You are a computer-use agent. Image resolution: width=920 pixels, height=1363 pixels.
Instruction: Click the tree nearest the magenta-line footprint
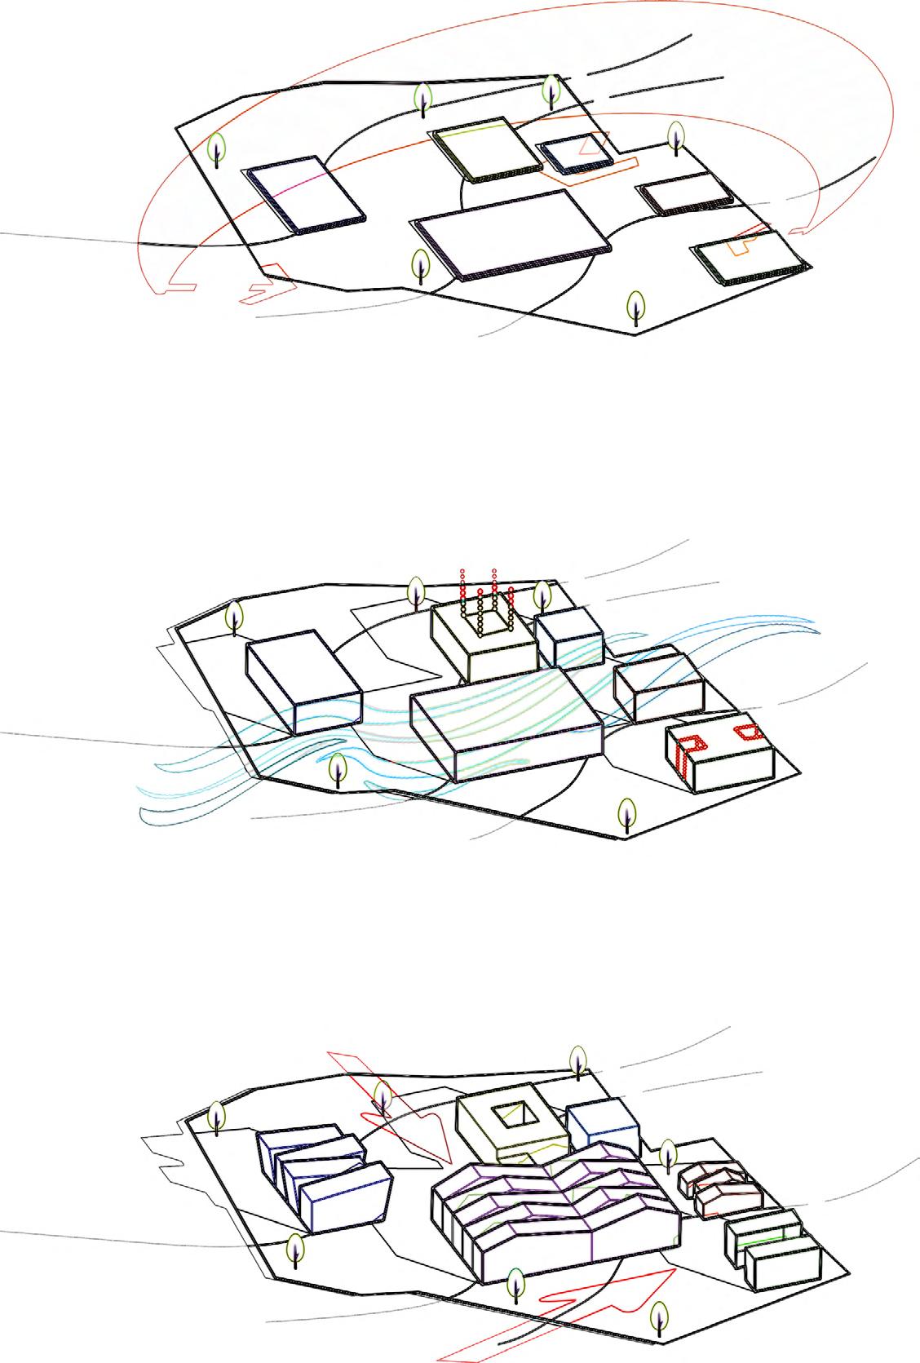click(216, 148)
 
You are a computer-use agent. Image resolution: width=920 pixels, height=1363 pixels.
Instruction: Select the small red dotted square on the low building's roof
click(746, 731)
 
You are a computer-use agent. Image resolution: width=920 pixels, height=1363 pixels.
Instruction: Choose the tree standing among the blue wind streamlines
click(338, 770)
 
